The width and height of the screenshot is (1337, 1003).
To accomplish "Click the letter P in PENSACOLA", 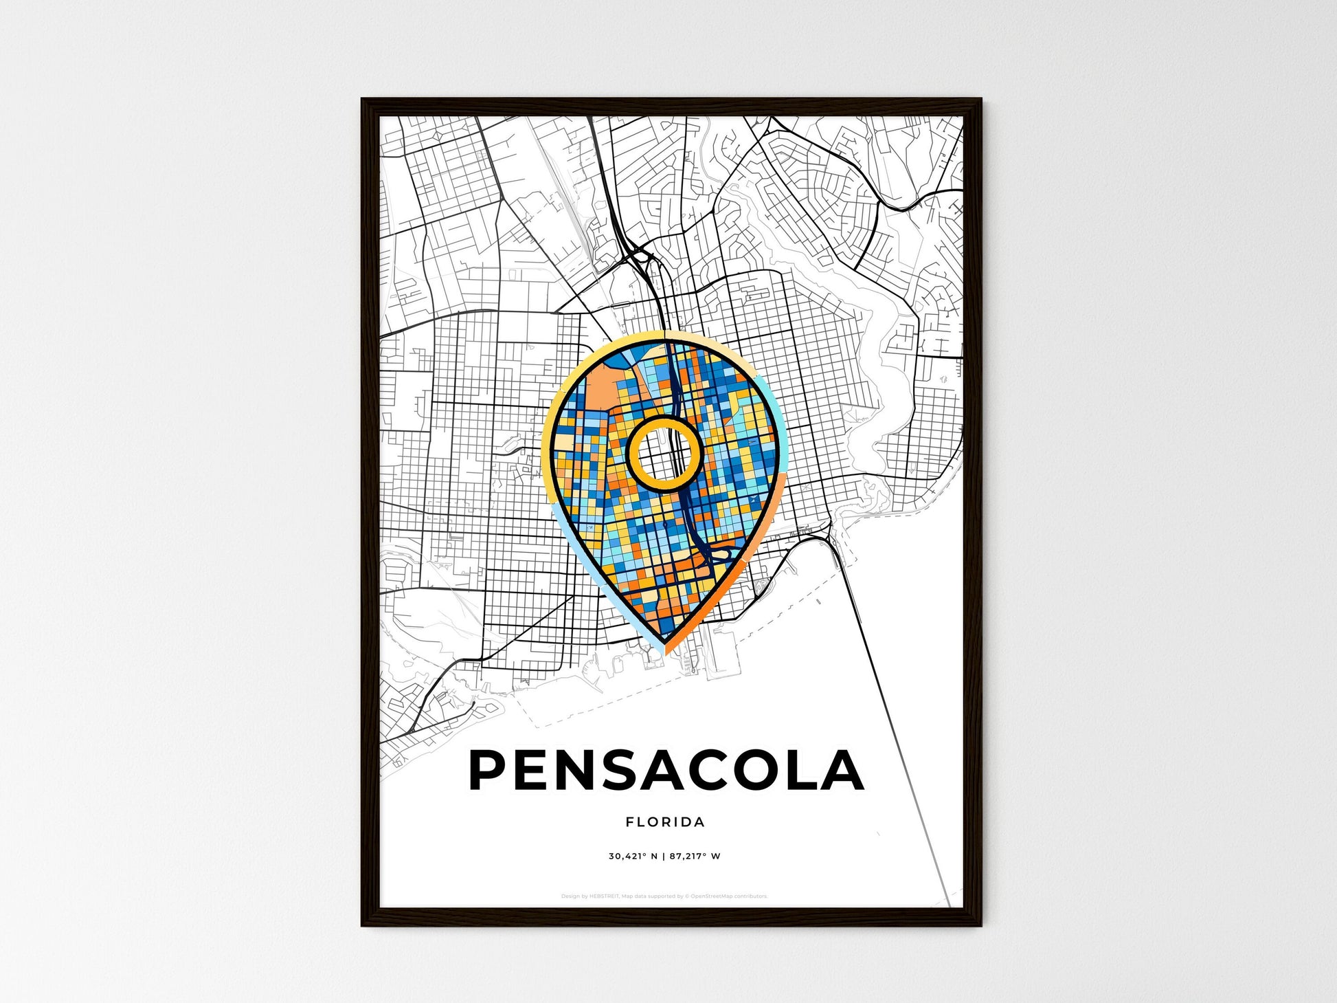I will (x=489, y=771).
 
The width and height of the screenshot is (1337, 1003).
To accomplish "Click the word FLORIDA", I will (x=665, y=822).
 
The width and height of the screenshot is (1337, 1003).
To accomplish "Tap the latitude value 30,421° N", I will (x=633, y=857).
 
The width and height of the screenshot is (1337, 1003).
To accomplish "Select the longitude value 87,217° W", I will (x=696, y=857).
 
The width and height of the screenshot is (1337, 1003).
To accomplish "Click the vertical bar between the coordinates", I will (x=664, y=857).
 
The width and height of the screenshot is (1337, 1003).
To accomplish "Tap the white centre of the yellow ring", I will (x=663, y=453).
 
